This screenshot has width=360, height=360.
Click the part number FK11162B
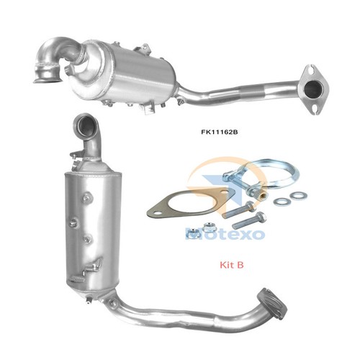click(x=219, y=132)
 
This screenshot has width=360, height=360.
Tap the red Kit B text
click(x=232, y=265)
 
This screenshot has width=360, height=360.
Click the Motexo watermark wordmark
click(x=225, y=234)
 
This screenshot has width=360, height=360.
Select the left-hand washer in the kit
click(x=282, y=202)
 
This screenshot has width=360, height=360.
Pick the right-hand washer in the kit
click(x=298, y=195)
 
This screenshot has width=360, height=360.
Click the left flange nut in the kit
click(x=194, y=233)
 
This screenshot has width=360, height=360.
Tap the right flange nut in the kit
click(x=207, y=227)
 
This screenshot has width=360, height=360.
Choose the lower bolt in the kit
click(x=250, y=220)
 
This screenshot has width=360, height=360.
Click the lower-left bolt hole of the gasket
click(x=157, y=213)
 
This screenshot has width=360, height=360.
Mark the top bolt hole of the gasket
click(x=225, y=192)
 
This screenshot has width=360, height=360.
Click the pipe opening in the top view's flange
click(x=313, y=89)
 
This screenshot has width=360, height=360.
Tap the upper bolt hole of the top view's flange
click(x=312, y=70)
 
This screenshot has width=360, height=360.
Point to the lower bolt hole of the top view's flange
click(x=315, y=109)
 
